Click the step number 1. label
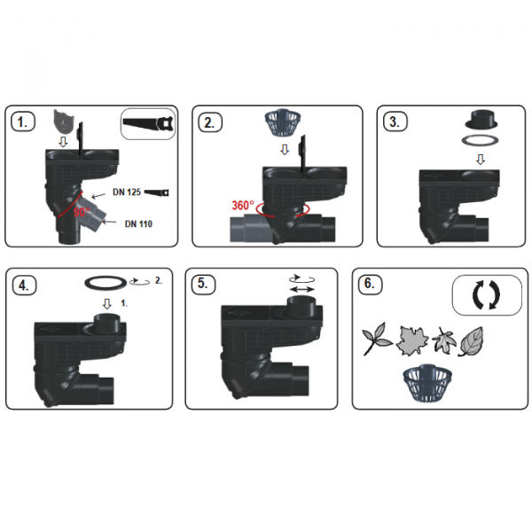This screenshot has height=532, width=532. [x=22, y=122]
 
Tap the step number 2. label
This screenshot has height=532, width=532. [x=209, y=122]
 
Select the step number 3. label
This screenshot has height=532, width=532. [x=395, y=122]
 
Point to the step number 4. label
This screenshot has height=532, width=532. [x=23, y=286]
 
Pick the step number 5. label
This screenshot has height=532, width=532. [x=202, y=284]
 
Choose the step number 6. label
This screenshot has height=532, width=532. [x=370, y=284]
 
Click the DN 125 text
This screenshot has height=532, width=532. [x=127, y=192]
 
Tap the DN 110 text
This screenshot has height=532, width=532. [x=138, y=224]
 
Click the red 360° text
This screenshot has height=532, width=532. [x=243, y=206]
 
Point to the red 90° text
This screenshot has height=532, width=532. [x=82, y=212]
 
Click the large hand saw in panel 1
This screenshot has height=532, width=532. [x=148, y=123]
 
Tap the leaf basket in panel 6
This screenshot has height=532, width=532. [x=427, y=383]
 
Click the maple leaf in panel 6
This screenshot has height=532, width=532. [x=412, y=340]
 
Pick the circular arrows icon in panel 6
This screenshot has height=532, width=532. [x=487, y=295]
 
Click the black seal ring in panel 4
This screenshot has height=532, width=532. [x=106, y=283]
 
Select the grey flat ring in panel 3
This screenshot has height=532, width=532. [x=480, y=140]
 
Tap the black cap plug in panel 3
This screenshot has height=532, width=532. [x=481, y=120]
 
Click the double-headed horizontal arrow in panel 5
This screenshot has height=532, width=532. [x=302, y=289]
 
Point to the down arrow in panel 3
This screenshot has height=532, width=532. [x=480, y=159]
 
